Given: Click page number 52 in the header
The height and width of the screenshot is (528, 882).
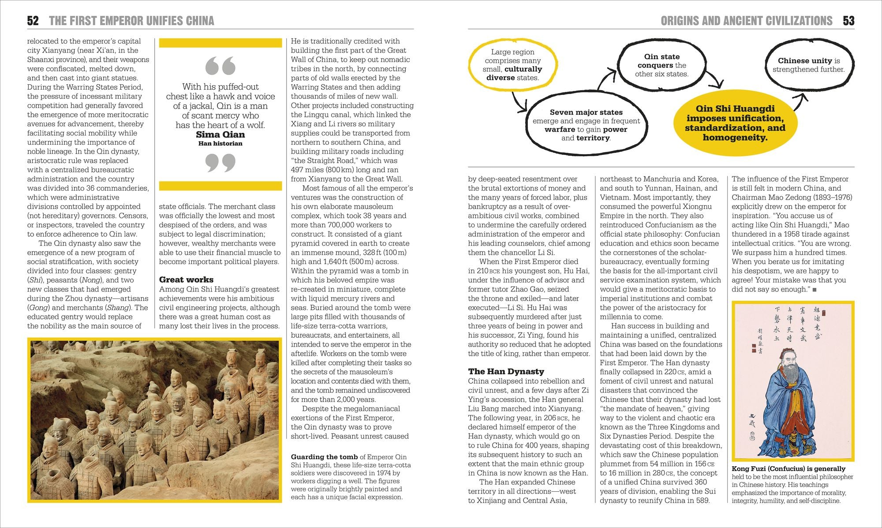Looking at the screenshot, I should pyautogui.click(x=33, y=21).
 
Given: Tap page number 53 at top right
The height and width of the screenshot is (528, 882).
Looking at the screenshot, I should pyautogui.click(x=848, y=21).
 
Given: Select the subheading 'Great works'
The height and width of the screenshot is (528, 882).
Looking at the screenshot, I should pyautogui.click(x=186, y=279).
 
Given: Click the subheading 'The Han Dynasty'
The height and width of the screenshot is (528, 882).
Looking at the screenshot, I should pyautogui.click(x=506, y=371).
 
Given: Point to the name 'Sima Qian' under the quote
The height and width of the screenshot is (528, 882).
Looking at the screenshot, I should pyautogui.click(x=220, y=135).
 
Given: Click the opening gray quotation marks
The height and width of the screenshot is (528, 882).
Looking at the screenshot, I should pyautogui.click(x=220, y=66).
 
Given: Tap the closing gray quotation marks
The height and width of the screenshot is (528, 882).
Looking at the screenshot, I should pyautogui.click(x=220, y=162).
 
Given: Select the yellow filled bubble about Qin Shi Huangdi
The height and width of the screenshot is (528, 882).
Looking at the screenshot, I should pyautogui.click(x=735, y=123).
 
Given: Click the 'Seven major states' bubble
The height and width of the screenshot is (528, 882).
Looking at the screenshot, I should pyautogui.click(x=586, y=125).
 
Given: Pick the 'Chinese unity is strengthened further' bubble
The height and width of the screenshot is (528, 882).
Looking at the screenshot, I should pyautogui.click(x=808, y=65).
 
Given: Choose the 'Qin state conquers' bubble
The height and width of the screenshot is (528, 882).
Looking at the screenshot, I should pyautogui.click(x=661, y=65).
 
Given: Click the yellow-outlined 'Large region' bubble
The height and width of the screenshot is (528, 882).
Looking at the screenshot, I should pyautogui.click(x=512, y=65).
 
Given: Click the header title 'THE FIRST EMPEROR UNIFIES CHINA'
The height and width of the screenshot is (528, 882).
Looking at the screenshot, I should pyautogui.click(x=131, y=21).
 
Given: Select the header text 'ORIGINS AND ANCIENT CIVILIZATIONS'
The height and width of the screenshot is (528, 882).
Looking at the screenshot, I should pyautogui.click(x=746, y=21).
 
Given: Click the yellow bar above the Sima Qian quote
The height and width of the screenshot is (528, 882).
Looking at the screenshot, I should pyautogui.click(x=220, y=43).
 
